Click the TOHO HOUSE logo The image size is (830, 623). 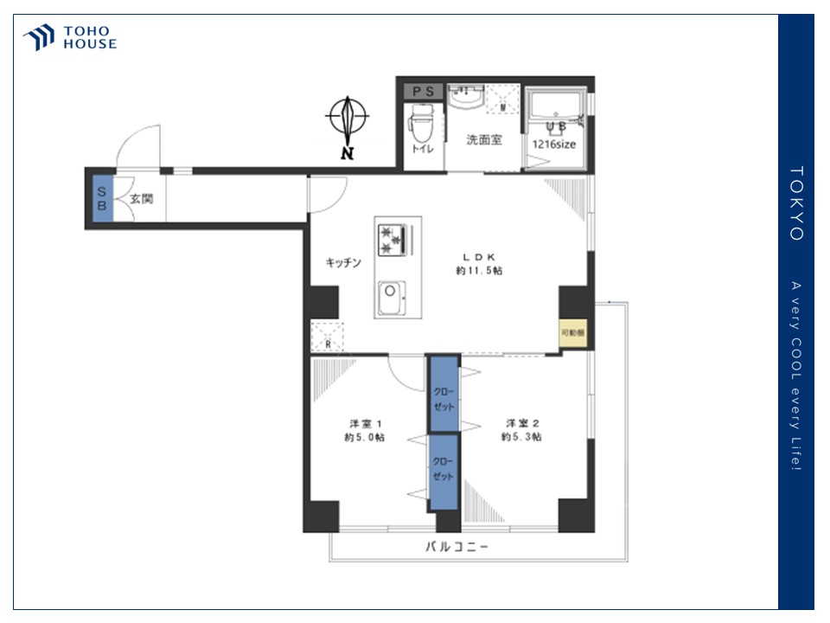coord(69,38)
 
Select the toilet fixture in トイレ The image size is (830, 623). coord(422,125)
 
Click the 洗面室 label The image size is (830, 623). coord(483,140)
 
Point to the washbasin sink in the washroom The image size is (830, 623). coord(467,97)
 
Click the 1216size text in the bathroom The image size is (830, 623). coord(553,145)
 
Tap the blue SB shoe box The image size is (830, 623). coord(102,198)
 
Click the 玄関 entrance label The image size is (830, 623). coord(141,198)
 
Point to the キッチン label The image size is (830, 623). coord(342,262)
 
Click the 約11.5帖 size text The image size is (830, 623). coord(479,271)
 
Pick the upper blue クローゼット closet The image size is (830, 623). coord(444,394)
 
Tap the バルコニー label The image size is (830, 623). coord(456,547)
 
